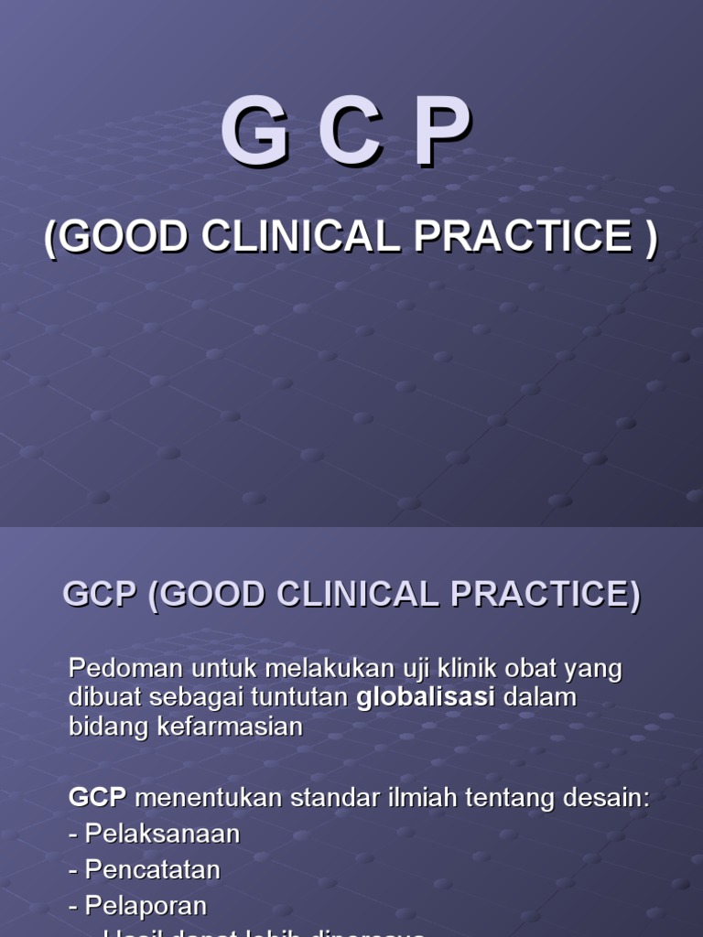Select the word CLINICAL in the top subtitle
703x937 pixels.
pyautogui.click(x=301, y=237)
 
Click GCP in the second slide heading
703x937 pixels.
pyautogui.click(x=99, y=595)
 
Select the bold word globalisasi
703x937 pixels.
pyautogui.click(x=426, y=697)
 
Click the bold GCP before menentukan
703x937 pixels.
pyautogui.click(x=97, y=797)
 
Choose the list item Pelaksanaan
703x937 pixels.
pyautogui.click(x=162, y=834)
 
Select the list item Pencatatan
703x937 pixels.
pyautogui.click(x=153, y=869)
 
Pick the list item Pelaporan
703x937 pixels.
pyautogui.click(x=146, y=906)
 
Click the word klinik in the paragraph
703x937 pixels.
pyautogui.click(x=427, y=669)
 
